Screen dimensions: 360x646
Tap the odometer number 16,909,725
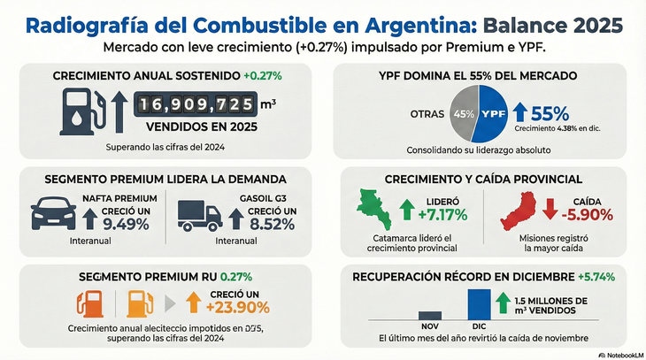(x=195, y=105)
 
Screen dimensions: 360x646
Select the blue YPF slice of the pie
(x=493, y=115)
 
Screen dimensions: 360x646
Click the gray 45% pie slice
(x=463, y=114)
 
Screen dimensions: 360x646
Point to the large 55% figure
(x=550, y=113)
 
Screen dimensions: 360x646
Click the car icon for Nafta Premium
(x=54, y=213)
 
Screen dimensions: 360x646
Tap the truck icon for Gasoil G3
(x=199, y=214)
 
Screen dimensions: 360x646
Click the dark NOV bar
(x=429, y=314)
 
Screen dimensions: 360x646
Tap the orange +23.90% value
(x=237, y=307)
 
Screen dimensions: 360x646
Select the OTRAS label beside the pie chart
(x=427, y=114)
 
